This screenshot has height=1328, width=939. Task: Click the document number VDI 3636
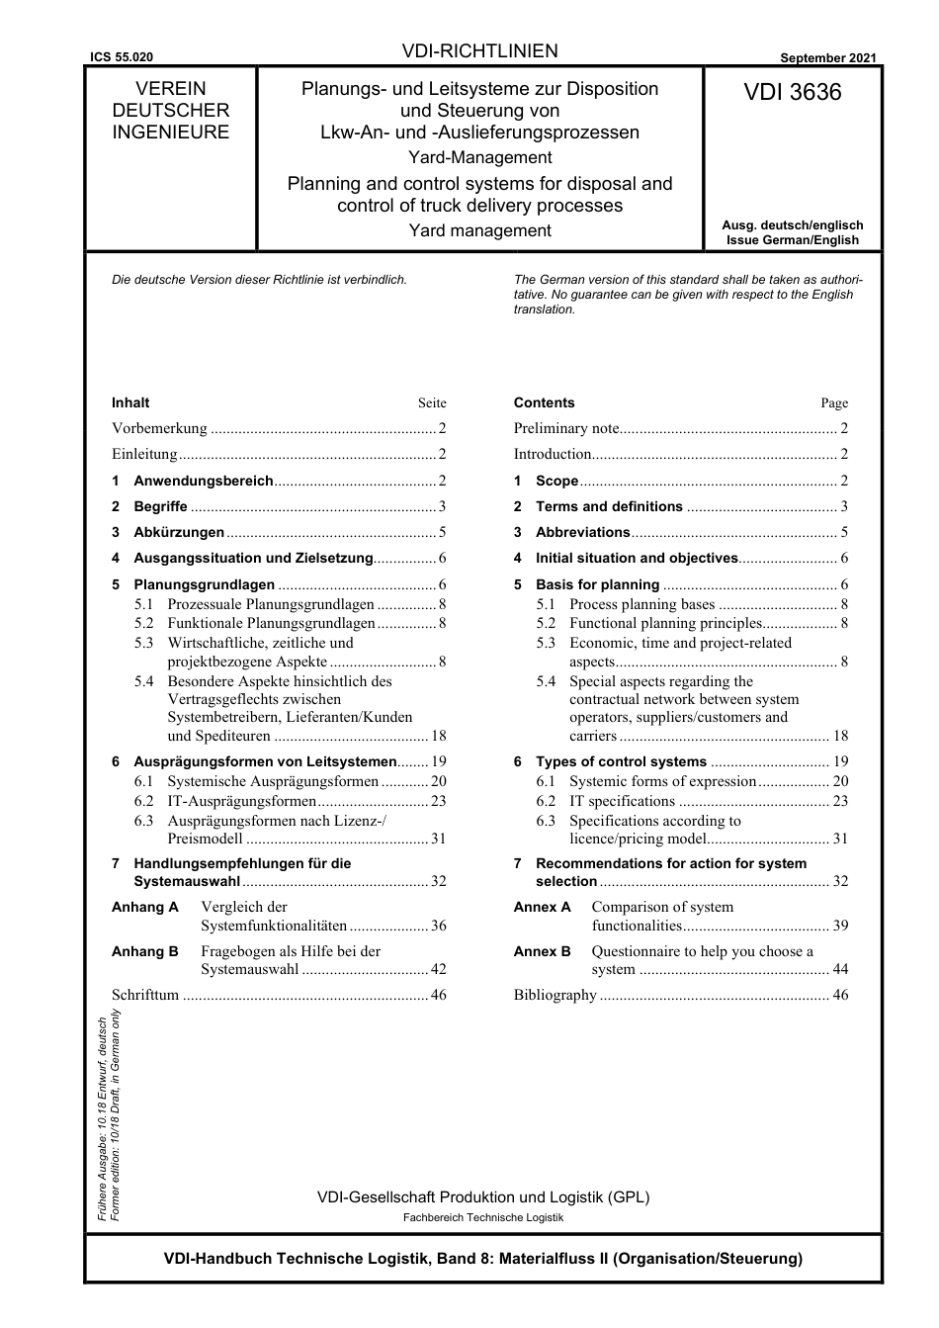point(793,93)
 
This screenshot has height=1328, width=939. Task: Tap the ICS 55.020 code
point(122,58)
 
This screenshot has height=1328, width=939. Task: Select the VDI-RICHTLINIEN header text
point(480,51)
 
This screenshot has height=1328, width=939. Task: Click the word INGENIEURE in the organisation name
point(171,133)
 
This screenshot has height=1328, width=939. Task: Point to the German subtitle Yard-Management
point(480,157)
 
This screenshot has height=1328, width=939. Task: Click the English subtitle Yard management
point(480,230)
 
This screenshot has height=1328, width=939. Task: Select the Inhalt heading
point(130,402)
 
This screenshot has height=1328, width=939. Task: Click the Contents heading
point(544,402)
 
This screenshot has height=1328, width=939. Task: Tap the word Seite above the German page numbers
point(432,403)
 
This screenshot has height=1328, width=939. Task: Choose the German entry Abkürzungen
point(179,532)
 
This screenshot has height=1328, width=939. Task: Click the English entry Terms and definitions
point(609,506)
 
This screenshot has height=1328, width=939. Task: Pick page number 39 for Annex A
point(840,926)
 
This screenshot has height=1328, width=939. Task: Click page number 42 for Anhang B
point(439,969)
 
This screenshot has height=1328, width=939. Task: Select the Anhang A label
point(145,907)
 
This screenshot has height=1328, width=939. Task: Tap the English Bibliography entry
point(555,995)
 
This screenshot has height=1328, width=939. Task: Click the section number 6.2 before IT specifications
point(547,801)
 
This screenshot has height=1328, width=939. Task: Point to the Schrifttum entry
point(145,995)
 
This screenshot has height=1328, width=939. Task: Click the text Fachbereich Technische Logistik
point(483,1217)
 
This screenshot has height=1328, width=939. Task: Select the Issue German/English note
point(793,240)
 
